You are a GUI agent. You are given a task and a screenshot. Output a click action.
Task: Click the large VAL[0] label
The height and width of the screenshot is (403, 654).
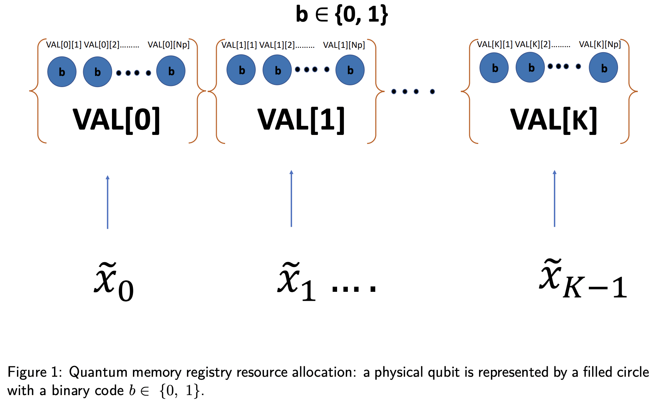116,120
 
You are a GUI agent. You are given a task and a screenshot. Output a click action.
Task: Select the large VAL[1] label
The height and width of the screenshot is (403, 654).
301,120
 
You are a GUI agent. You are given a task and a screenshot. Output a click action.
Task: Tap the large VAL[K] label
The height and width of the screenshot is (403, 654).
554,120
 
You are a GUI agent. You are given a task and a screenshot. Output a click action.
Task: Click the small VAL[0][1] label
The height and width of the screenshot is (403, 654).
64,45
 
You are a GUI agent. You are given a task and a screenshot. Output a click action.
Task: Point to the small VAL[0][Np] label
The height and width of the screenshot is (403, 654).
169,45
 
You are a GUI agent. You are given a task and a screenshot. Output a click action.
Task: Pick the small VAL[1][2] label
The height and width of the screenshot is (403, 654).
277,45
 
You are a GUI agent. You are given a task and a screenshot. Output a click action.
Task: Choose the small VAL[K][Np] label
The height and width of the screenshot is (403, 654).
600,45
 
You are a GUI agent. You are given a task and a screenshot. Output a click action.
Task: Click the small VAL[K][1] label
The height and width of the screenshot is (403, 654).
494,45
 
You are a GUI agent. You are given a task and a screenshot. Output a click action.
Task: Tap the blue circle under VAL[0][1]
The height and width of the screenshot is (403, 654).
62,72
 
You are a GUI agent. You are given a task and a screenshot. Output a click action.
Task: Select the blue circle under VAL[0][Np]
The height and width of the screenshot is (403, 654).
171,71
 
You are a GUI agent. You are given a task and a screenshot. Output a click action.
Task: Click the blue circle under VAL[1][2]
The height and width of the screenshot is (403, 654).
277,70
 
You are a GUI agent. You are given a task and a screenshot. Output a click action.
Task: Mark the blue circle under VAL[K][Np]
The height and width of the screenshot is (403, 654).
604,68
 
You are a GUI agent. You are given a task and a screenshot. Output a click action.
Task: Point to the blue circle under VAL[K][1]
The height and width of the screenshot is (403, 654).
494,68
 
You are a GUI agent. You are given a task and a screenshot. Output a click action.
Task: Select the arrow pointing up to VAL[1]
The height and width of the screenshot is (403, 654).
291,198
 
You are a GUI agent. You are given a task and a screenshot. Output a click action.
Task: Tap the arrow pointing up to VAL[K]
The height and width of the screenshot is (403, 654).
555,198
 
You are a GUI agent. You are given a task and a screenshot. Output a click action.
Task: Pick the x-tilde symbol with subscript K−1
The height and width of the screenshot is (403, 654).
583,280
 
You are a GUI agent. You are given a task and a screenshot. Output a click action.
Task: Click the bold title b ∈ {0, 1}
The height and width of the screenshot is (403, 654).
342,14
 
